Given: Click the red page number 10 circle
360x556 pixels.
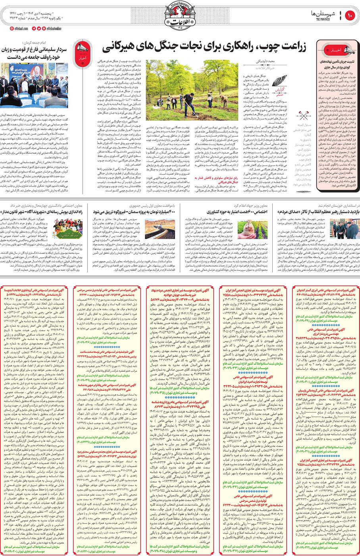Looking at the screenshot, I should point(350,16).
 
